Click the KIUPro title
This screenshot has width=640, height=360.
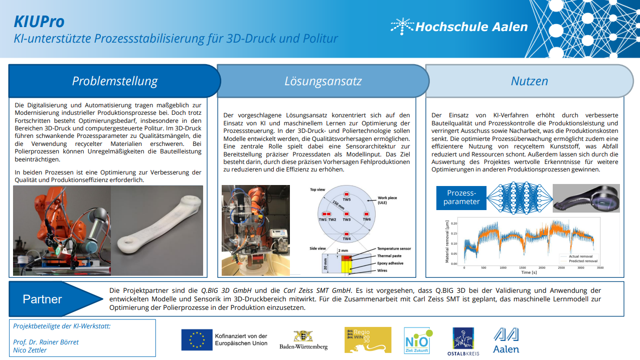(x=39, y=22)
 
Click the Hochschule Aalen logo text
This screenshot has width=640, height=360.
(x=471, y=27)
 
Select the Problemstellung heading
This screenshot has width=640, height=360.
(x=114, y=81)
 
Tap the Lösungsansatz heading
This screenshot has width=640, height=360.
(x=323, y=81)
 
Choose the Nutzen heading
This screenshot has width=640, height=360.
(x=529, y=81)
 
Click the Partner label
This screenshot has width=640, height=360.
(x=42, y=299)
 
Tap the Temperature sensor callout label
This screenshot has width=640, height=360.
(x=394, y=249)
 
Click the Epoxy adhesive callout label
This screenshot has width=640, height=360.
(x=390, y=263)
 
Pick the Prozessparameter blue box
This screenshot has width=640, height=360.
(x=461, y=197)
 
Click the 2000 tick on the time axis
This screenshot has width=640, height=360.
(x=541, y=268)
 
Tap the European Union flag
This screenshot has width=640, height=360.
(x=197, y=339)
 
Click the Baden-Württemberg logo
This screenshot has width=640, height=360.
(x=303, y=340)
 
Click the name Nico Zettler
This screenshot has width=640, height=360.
(x=30, y=350)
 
